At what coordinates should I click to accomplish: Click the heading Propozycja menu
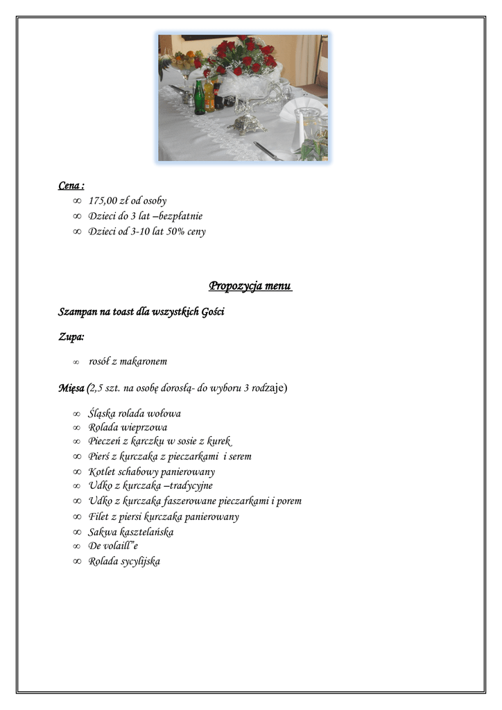click(250, 286)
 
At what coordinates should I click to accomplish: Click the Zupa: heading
click(71, 337)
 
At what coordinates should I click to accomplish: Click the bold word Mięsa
click(71, 388)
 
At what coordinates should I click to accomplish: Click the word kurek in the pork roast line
click(218, 442)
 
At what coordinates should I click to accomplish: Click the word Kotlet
click(101, 472)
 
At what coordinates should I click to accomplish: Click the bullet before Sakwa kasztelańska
click(77, 532)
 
